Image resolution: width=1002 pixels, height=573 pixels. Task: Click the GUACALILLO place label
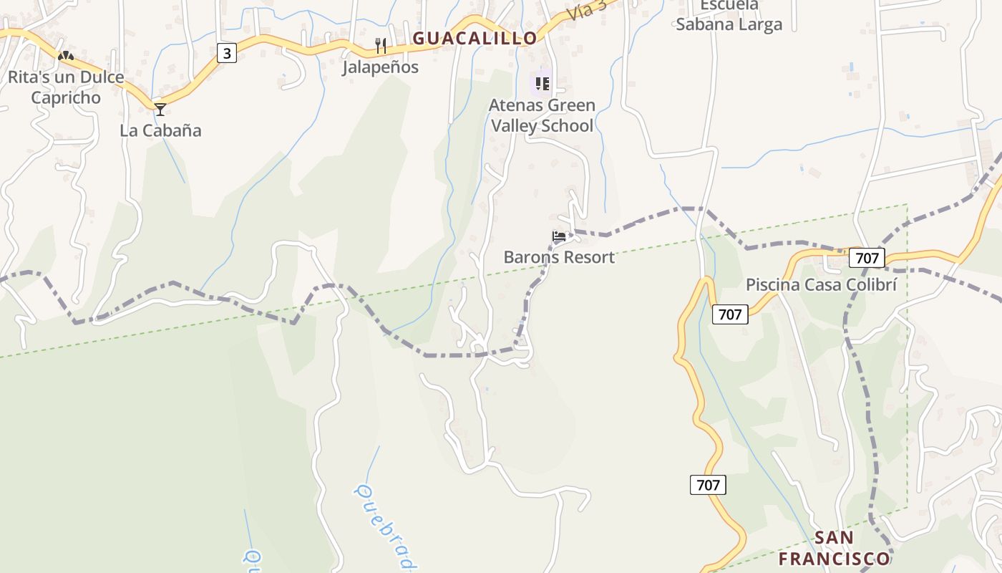[475, 38]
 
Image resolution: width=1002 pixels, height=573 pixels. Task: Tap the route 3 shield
[227, 53]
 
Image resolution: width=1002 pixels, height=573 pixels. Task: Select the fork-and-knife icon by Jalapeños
[381, 47]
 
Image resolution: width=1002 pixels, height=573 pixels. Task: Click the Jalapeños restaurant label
[380, 67]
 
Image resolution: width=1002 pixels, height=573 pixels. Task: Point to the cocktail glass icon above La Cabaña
[160, 110]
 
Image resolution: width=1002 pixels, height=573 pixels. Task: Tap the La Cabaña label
[160, 130]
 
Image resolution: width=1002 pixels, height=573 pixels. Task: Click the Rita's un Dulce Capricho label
[66, 87]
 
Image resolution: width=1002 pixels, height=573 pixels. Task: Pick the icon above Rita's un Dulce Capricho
[66, 54]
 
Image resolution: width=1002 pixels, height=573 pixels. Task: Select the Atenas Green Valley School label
[542, 115]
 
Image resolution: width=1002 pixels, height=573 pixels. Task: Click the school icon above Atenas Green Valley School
[543, 84]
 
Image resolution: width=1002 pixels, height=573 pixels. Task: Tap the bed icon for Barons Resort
[559, 236]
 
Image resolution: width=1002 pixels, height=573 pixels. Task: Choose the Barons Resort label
[559, 257]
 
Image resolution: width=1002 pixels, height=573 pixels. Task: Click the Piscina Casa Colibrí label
[821, 284]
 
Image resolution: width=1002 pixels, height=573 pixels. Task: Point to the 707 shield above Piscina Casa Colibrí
[867, 258]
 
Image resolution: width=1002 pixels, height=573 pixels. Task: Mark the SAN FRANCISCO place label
[835, 548]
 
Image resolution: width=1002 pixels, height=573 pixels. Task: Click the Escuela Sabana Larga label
[729, 15]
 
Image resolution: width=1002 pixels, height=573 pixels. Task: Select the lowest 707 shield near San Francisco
[708, 485]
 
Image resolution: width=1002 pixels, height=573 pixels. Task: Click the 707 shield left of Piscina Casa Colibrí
[730, 314]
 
